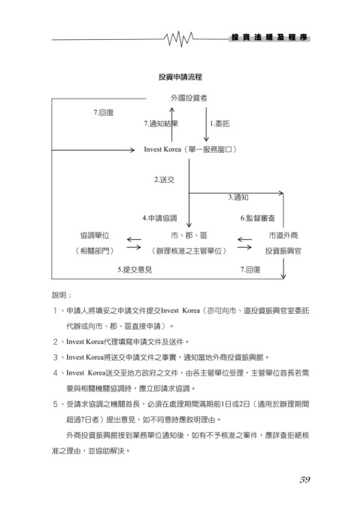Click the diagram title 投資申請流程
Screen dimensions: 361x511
(x=180, y=77)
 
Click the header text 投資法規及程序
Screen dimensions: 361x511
(x=269, y=38)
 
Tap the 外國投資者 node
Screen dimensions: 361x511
(x=189, y=98)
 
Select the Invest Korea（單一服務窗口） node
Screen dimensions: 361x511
(x=190, y=150)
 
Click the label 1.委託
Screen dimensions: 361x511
(x=220, y=123)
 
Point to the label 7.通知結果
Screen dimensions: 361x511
(x=161, y=123)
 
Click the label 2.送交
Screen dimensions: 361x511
(x=164, y=180)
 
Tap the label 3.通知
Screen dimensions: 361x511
(x=238, y=197)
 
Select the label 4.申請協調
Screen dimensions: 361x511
(x=159, y=218)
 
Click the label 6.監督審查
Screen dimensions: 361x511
(x=258, y=218)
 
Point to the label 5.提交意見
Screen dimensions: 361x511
(x=135, y=269)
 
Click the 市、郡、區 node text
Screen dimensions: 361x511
(x=189, y=236)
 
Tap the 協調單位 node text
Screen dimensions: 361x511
(x=95, y=236)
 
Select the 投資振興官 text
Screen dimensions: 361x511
(x=283, y=251)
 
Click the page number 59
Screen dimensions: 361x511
(x=305, y=479)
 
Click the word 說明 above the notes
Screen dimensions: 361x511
(x=59, y=295)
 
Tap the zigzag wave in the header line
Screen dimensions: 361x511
(x=178, y=39)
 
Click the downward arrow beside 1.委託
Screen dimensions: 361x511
(x=206, y=124)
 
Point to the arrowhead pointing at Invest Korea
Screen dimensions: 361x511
(x=132, y=150)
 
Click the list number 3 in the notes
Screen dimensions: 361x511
(x=56, y=357)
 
